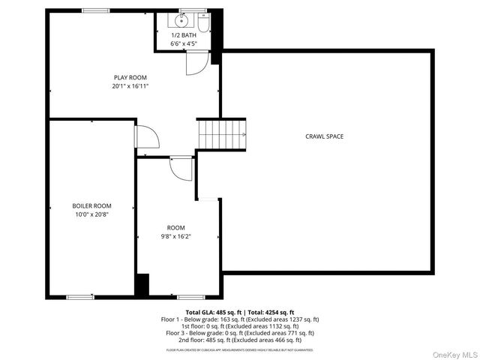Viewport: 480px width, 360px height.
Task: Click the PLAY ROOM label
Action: coord(130,77)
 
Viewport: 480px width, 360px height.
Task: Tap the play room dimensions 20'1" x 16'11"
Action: coord(130,85)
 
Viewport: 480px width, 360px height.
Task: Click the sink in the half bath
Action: coord(181,20)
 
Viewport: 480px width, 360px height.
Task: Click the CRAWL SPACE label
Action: coord(325,136)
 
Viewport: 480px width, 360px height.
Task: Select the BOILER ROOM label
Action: coord(91,205)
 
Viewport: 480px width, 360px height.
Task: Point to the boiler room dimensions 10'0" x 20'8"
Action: coord(91,214)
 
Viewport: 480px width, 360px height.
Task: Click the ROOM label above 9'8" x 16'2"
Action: coord(175,227)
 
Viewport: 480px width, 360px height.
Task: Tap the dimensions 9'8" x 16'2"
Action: coord(175,236)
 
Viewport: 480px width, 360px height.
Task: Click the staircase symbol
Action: coord(222,135)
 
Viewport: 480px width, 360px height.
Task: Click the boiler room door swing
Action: coord(146,137)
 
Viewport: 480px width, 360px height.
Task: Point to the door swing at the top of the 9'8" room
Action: coord(181,168)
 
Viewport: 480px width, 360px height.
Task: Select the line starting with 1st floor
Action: coord(240,325)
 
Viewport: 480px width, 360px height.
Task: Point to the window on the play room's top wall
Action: coord(93,10)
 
